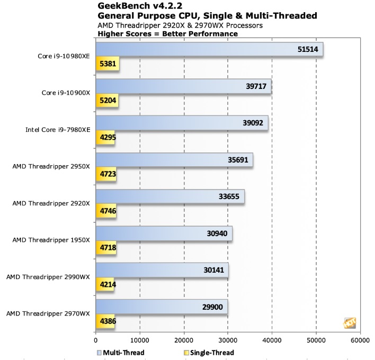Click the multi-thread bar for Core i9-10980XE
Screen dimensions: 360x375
click(x=209, y=50)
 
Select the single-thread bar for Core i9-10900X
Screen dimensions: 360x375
click(x=107, y=102)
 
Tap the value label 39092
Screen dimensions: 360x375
click(x=253, y=123)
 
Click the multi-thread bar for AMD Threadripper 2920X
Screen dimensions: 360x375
click(x=169, y=196)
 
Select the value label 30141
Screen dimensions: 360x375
click(x=213, y=269)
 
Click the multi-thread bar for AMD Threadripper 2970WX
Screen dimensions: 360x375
click(x=162, y=307)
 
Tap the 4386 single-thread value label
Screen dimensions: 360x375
click(x=106, y=321)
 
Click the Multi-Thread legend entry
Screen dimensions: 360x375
click(x=121, y=352)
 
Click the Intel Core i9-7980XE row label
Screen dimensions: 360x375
click(x=57, y=130)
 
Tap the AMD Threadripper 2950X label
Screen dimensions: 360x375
click(x=50, y=167)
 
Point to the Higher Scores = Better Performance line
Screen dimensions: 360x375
click(x=168, y=34)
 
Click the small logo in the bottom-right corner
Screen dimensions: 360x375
click(x=350, y=323)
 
